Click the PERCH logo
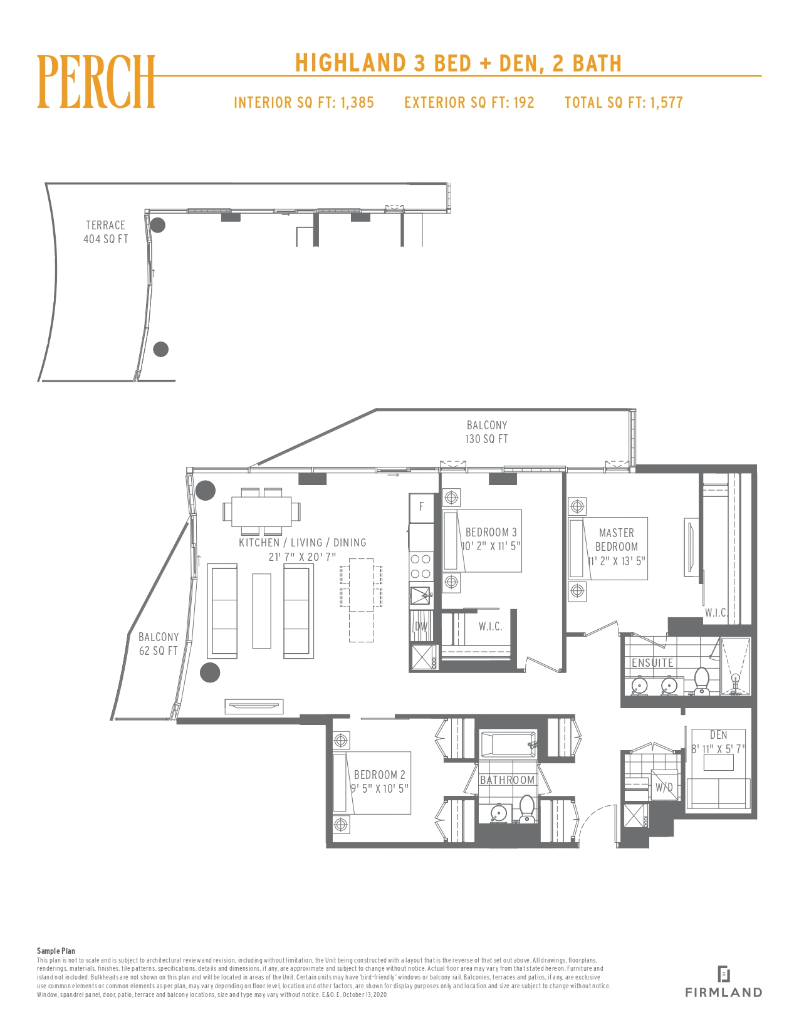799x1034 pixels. (96, 81)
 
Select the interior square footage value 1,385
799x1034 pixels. (357, 102)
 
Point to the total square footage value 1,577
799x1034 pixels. (666, 102)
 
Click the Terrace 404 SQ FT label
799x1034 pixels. (106, 232)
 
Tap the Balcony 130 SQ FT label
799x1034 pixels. (487, 432)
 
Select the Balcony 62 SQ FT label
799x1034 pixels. (159, 644)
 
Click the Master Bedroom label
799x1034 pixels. (617, 540)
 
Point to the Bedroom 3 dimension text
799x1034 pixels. (491, 546)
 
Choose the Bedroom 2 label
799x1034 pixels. (380, 775)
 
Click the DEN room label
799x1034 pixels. (719, 734)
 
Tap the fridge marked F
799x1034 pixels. (422, 507)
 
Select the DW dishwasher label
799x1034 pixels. (422, 627)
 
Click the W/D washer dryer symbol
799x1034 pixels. (664, 788)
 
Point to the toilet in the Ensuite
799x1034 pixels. (702, 681)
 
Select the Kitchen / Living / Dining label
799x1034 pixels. (303, 543)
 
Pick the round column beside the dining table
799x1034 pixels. (206, 491)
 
